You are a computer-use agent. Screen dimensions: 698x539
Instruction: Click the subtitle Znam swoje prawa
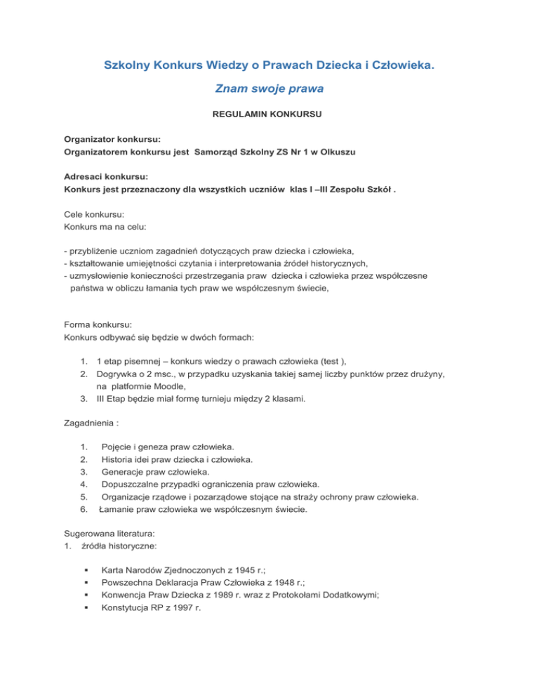pyautogui.click(x=269, y=89)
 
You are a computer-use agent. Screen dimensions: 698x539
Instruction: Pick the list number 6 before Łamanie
pyautogui.click(x=84, y=511)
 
